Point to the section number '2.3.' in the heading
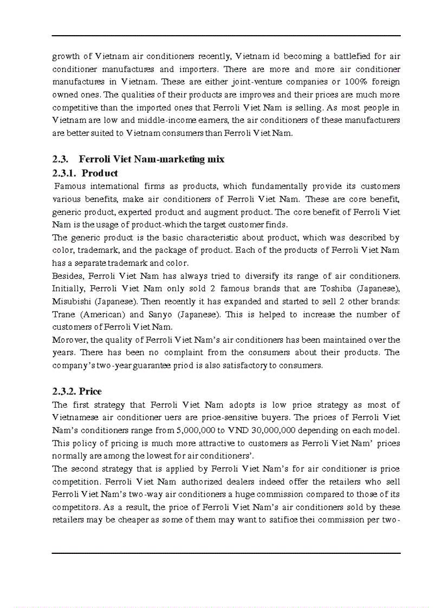tap(60, 159)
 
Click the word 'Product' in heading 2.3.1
tap(100, 173)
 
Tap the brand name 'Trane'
tap(64, 315)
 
